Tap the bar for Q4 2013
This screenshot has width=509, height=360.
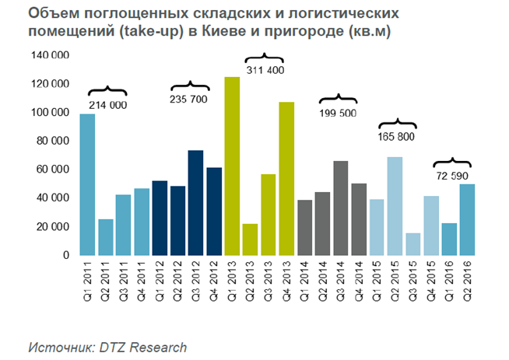tap(286, 178)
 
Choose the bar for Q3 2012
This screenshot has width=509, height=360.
tap(196, 202)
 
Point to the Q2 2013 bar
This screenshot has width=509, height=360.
tap(250, 239)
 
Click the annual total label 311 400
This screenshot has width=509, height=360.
tap(265, 71)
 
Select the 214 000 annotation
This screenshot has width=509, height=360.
tap(107, 105)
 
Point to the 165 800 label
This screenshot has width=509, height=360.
tap(397, 137)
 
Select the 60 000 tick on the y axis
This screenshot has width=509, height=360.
tap(53, 170)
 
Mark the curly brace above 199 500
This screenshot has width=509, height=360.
tap(338, 99)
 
